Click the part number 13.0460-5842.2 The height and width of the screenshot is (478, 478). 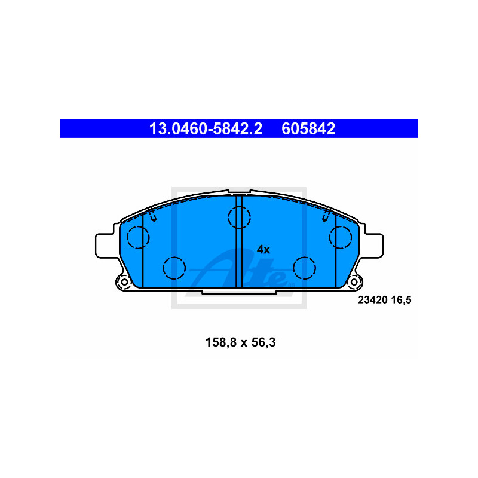pyautogui.click(x=206, y=129)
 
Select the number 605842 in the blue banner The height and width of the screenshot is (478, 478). pyautogui.click(x=308, y=129)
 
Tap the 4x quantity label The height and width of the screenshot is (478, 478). pyautogui.click(x=263, y=250)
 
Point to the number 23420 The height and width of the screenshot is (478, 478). pyautogui.click(x=372, y=300)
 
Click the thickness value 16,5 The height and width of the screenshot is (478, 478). pyautogui.click(x=401, y=301)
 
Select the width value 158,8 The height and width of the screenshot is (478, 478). pyautogui.click(x=221, y=342)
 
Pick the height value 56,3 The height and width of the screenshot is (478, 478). pyautogui.click(x=263, y=342)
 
